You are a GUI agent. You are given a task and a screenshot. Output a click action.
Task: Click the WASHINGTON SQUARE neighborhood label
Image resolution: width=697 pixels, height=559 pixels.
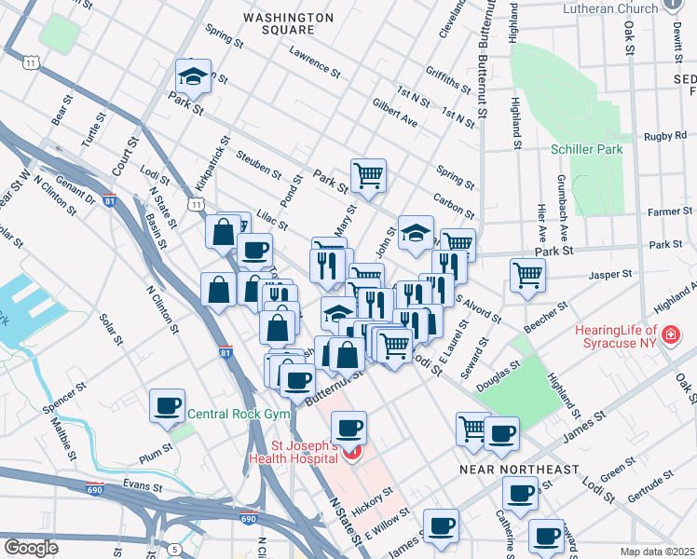pyautogui.click(x=287, y=24)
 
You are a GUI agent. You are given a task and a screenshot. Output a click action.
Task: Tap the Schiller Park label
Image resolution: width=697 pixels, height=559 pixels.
pyautogui.click(x=586, y=148)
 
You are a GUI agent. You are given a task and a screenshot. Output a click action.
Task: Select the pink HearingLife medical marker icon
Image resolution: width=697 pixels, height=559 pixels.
pyautogui.click(x=668, y=334)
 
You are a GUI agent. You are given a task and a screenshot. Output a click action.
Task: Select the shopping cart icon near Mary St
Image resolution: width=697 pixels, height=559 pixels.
pyautogui.click(x=369, y=173)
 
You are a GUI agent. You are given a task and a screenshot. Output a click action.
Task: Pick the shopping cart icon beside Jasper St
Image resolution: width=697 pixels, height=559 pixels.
pyautogui.click(x=527, y=275)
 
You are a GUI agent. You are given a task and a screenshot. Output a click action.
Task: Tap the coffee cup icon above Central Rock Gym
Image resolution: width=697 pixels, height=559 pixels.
pyautogui.click(x=168, y=405)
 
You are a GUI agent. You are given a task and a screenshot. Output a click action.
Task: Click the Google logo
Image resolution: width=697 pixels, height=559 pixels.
pyautogui.click(x=31, y=547)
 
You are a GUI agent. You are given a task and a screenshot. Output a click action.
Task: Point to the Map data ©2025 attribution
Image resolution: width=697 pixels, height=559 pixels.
pyautogui.click(x=657, y=552)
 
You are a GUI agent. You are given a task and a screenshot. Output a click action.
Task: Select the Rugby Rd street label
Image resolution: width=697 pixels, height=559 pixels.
pyautogui.click(x=664, y=136)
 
